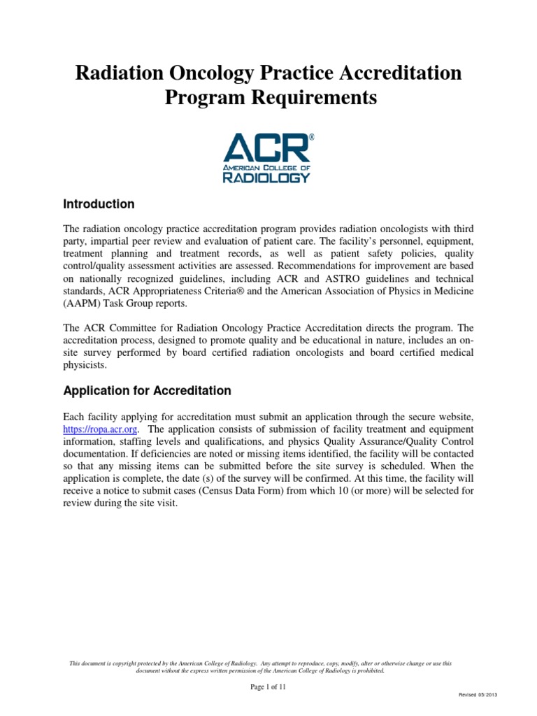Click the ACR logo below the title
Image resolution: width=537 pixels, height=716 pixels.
tap(268, 159)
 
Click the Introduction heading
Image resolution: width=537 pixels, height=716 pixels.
tap(99, 205)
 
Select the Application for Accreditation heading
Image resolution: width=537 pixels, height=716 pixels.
tap(147, 390)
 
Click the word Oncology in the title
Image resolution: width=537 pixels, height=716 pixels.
tap(199, 73)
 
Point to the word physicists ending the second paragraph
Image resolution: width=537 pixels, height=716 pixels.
tap(83, 364)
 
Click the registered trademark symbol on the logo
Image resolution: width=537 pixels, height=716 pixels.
tap(311, 138)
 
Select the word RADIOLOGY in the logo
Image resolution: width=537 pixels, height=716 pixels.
tap(266, 178)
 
